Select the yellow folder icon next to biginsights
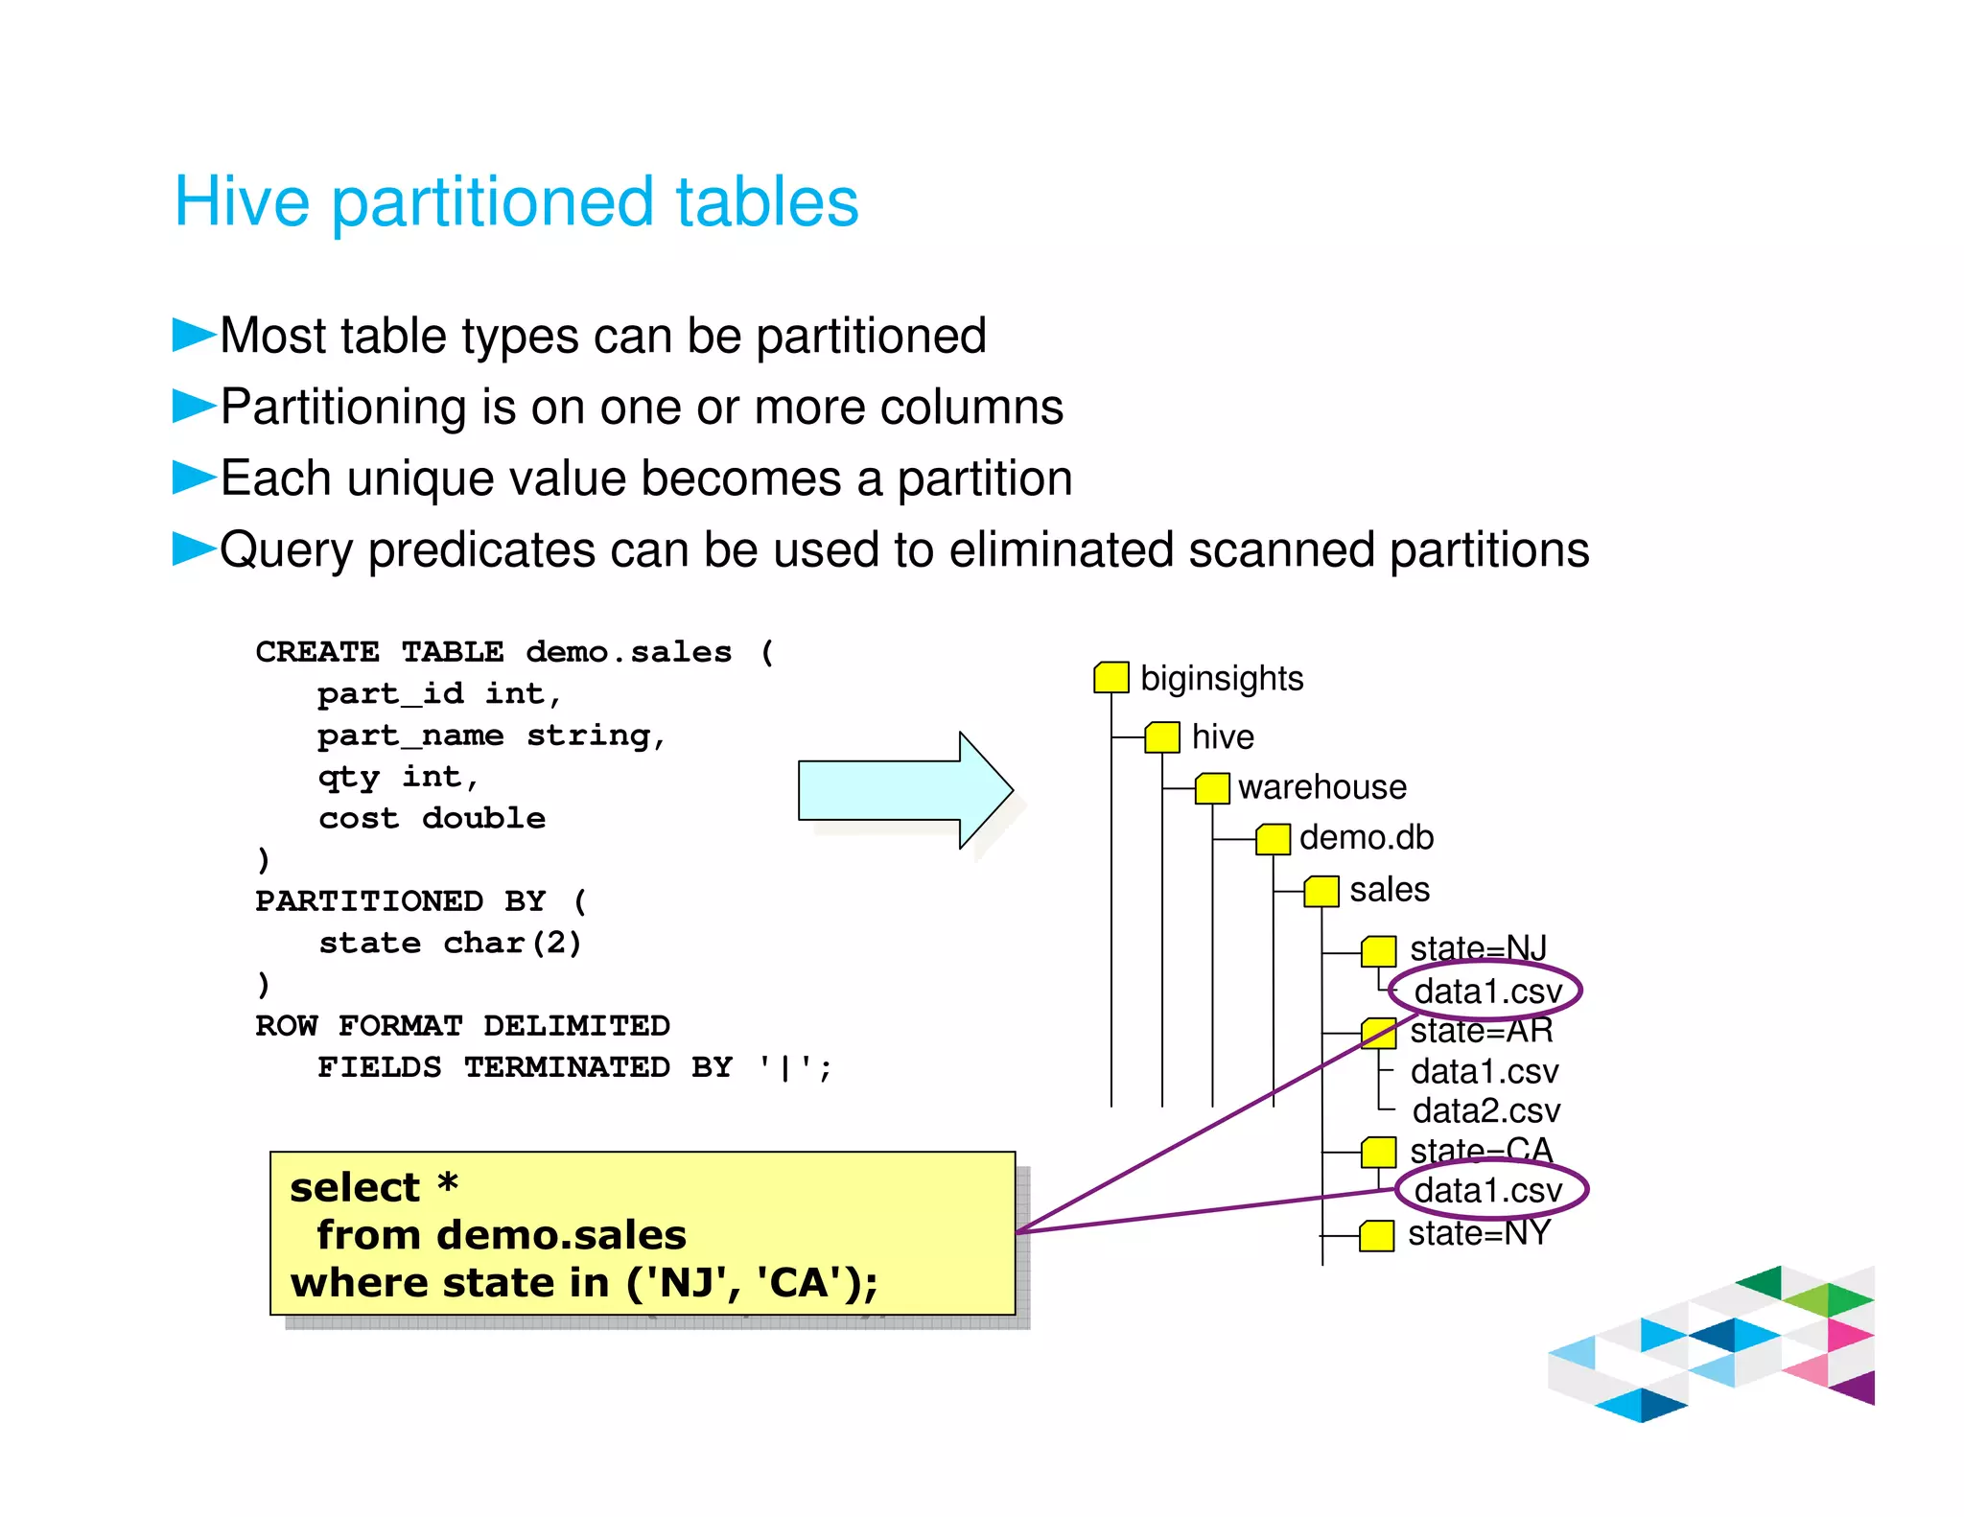pos(1111,677)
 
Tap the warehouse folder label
pos(1321,787)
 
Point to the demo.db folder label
pos(1366,838)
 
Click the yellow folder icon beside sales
pos(1321,891)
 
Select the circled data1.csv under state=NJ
pos(1486,992)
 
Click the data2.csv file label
pos(1485,1110)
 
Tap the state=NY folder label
pos(1479,1233)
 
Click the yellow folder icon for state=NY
pos(1377,1236)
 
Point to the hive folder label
pos(1222,736)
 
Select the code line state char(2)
pos(450,944)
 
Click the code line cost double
pos(432,819)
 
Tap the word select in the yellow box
pos(355,1188)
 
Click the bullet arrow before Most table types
pos(193,335)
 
